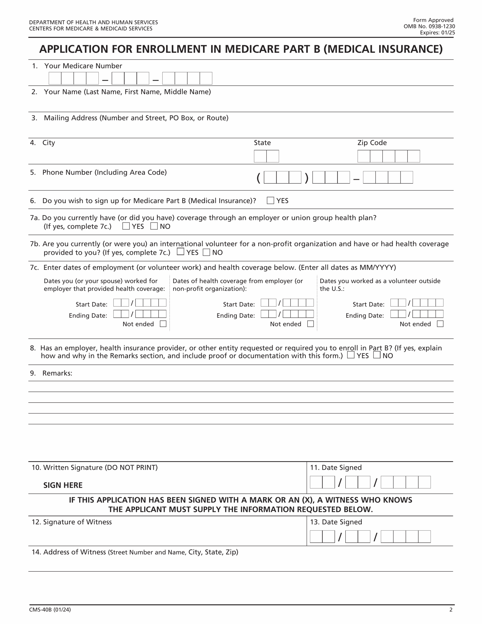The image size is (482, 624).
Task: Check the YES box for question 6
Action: (270, 200)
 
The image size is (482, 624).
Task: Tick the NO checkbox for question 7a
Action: (154, 226)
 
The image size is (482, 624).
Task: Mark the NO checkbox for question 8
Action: (377, 355)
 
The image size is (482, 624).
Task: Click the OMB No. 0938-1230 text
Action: (429, 26)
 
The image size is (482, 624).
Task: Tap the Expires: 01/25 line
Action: (437, 33)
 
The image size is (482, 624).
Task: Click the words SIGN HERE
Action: (63, 485)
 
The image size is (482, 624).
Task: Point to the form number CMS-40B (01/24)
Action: (50, 609)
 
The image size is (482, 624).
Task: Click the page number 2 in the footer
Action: (451, 609)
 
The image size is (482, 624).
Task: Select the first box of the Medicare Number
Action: (55, 78)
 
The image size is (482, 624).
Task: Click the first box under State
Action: (260, 156)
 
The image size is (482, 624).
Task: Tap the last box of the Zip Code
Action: (414, 156)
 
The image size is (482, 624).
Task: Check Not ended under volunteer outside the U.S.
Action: (440, 324)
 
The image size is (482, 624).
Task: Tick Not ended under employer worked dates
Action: (163, 324)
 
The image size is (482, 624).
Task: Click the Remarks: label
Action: (57, 373)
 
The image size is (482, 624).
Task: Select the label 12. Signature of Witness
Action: (72, 522)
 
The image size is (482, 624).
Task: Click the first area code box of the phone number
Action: (270, 177)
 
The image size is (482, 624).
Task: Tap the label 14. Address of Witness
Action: (68, 552)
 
